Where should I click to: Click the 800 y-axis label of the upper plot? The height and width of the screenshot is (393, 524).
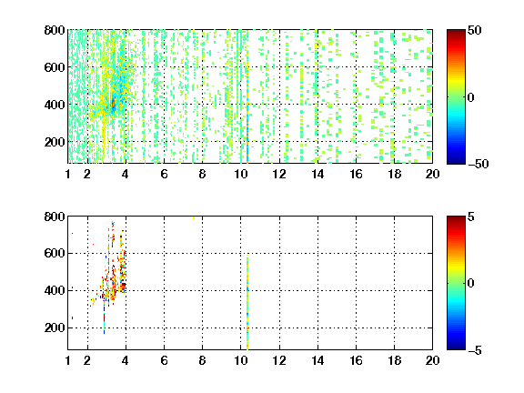pos(55,30)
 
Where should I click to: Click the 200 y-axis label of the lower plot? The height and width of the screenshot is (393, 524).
pos(55,327)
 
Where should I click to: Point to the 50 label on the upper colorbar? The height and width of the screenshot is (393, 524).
pos(474,30)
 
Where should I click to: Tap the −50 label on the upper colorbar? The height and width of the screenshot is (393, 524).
pos(478,164)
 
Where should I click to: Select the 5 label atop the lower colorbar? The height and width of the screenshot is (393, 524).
pos(471,217)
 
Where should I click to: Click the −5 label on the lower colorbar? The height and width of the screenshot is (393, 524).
pos(475,350)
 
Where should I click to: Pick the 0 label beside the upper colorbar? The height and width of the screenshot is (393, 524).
pos(471,97)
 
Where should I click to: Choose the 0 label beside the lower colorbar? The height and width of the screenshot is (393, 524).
pos(471,284)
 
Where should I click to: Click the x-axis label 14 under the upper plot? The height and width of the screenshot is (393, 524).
pos(317,174)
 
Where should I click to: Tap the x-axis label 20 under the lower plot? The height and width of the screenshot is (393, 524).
pos(432,360)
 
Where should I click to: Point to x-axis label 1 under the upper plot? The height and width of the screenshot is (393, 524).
pos(68,174)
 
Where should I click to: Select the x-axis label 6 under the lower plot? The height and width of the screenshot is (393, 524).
pos(164,360)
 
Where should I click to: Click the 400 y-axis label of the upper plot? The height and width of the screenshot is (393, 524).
pos(55,105)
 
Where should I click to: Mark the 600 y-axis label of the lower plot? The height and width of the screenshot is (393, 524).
pos(55,253)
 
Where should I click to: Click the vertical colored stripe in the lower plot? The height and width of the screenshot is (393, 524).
pos(247,304)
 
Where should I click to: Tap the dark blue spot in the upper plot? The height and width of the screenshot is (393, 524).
pos(113,105)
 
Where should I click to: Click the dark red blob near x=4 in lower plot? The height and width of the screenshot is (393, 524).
pos(124,286)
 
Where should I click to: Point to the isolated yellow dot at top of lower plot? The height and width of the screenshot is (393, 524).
pos(194,218)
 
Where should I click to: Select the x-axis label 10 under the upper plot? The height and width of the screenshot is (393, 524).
pos(240,174)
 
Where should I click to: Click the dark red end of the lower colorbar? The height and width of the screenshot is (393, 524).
pos(456,219)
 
